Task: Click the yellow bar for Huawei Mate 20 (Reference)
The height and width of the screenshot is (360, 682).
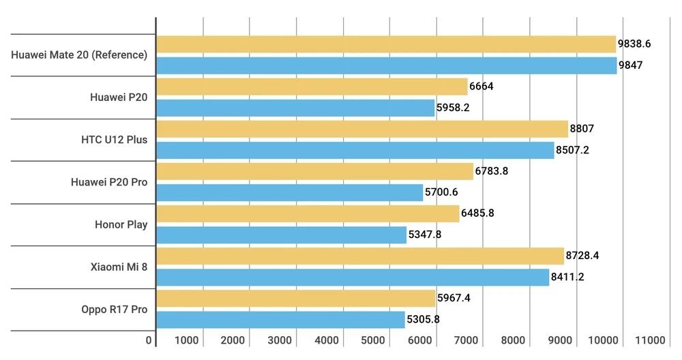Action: click(x=386, y=44)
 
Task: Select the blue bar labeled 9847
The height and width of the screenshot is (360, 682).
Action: click(x=386, y=65)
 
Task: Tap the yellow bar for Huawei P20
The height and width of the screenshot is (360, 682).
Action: click(x=312, y=87)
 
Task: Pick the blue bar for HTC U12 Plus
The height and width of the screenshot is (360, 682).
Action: click(x=355, y=150)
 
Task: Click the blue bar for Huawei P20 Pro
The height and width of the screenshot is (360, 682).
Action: click(x=290, y=193)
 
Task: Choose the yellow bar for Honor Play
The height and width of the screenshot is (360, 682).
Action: click(x=308, y=213)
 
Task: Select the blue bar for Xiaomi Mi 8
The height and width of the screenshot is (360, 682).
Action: click(x=353, y=277)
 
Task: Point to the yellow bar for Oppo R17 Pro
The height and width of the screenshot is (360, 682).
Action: click(x=296, y=299)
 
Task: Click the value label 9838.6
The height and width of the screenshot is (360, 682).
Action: click(x=634, y=44)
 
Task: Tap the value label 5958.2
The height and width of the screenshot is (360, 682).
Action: click(x=454, y=108)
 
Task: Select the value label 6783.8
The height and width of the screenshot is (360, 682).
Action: click(x=492, y=171)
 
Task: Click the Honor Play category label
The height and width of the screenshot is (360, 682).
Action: click(x=121, y=224)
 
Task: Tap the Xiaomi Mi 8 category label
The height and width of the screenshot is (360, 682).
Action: click(x=119, y=267)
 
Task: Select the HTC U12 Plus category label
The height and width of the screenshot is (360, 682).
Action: click(x=114, y=140)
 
